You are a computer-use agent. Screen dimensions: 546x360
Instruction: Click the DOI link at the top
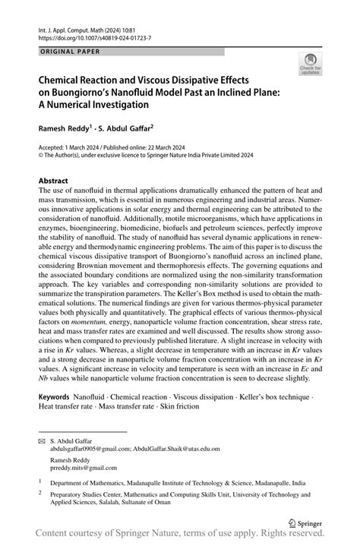(x=86, y=37)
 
